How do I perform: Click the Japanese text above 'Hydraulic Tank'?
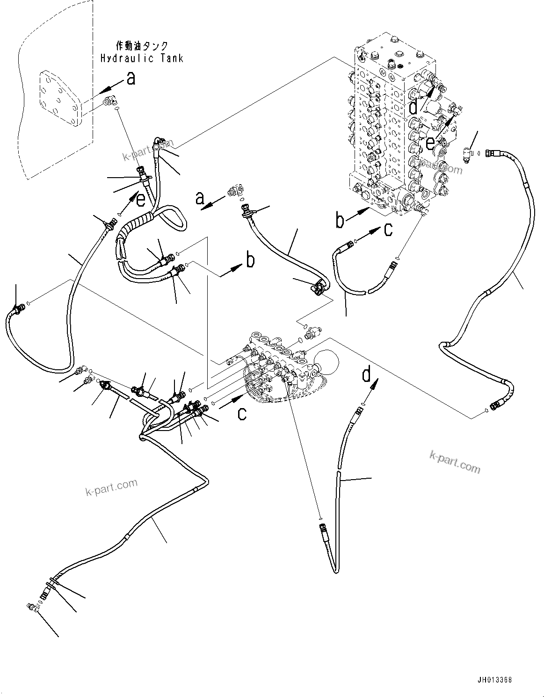(141, 46)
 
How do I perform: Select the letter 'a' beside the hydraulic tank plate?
(131, 79)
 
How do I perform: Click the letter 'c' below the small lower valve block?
(241, 413)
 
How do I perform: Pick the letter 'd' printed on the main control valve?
(413, 108)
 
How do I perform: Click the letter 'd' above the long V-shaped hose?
(368, 375)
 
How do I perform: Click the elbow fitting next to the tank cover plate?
(111, 101)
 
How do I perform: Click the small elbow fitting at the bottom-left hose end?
(32, 607)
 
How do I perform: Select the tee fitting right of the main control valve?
(468, 155)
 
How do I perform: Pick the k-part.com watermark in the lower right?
(454, 460)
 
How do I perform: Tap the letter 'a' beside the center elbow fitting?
(200, 199)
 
